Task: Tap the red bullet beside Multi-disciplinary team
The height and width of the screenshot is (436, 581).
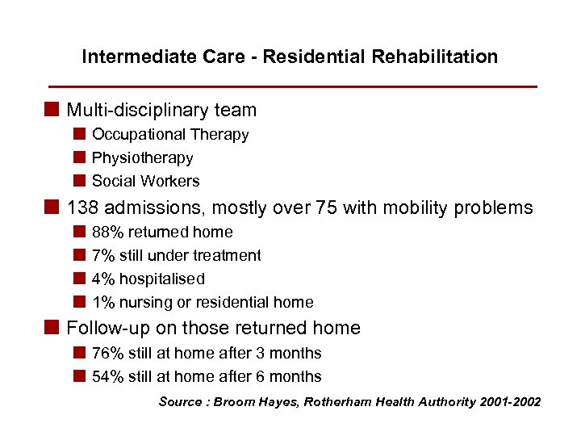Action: click(53, 110)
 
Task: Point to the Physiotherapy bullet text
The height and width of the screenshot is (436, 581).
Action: click(142, 158)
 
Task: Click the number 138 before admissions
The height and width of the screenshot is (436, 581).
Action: click(82, 208)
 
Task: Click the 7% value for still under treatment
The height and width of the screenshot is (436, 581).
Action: click(102, 256)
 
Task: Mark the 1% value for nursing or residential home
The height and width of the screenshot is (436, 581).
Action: click(102, 303)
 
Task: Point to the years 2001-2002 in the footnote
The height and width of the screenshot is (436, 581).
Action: click(510, 402)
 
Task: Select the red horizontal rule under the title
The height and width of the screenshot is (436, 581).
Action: click(292, 86)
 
